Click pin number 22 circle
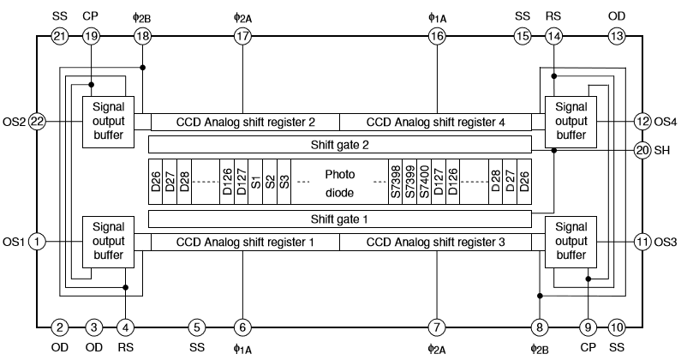(x=37, y=122)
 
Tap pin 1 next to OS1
(x=37, y=241)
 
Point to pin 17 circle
(x=242, y=36)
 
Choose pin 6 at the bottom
(x=242, y=327)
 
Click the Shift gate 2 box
(x=341, y=144)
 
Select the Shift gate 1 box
(x=341, y=219)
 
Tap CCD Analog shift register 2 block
(x=245, y=123)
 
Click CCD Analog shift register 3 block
(x=435, y=243)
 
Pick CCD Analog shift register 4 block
(x=435, y=123)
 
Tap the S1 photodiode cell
(x=256, y=182)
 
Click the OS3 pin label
(x=666, y=241)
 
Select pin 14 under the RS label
(x=554, y=36)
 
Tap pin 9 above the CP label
(x=588, y=327)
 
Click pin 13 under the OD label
(x=617, y=36)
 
